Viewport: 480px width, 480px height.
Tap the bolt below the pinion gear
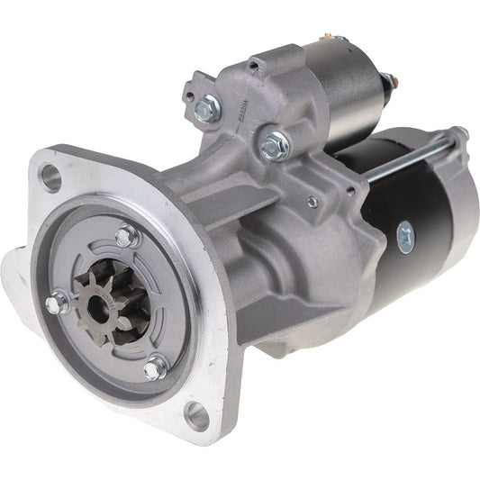[x=156, y=366]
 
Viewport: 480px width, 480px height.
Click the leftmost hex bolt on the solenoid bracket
[x=207, y=110]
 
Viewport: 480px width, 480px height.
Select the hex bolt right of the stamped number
[x=275, y=142]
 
